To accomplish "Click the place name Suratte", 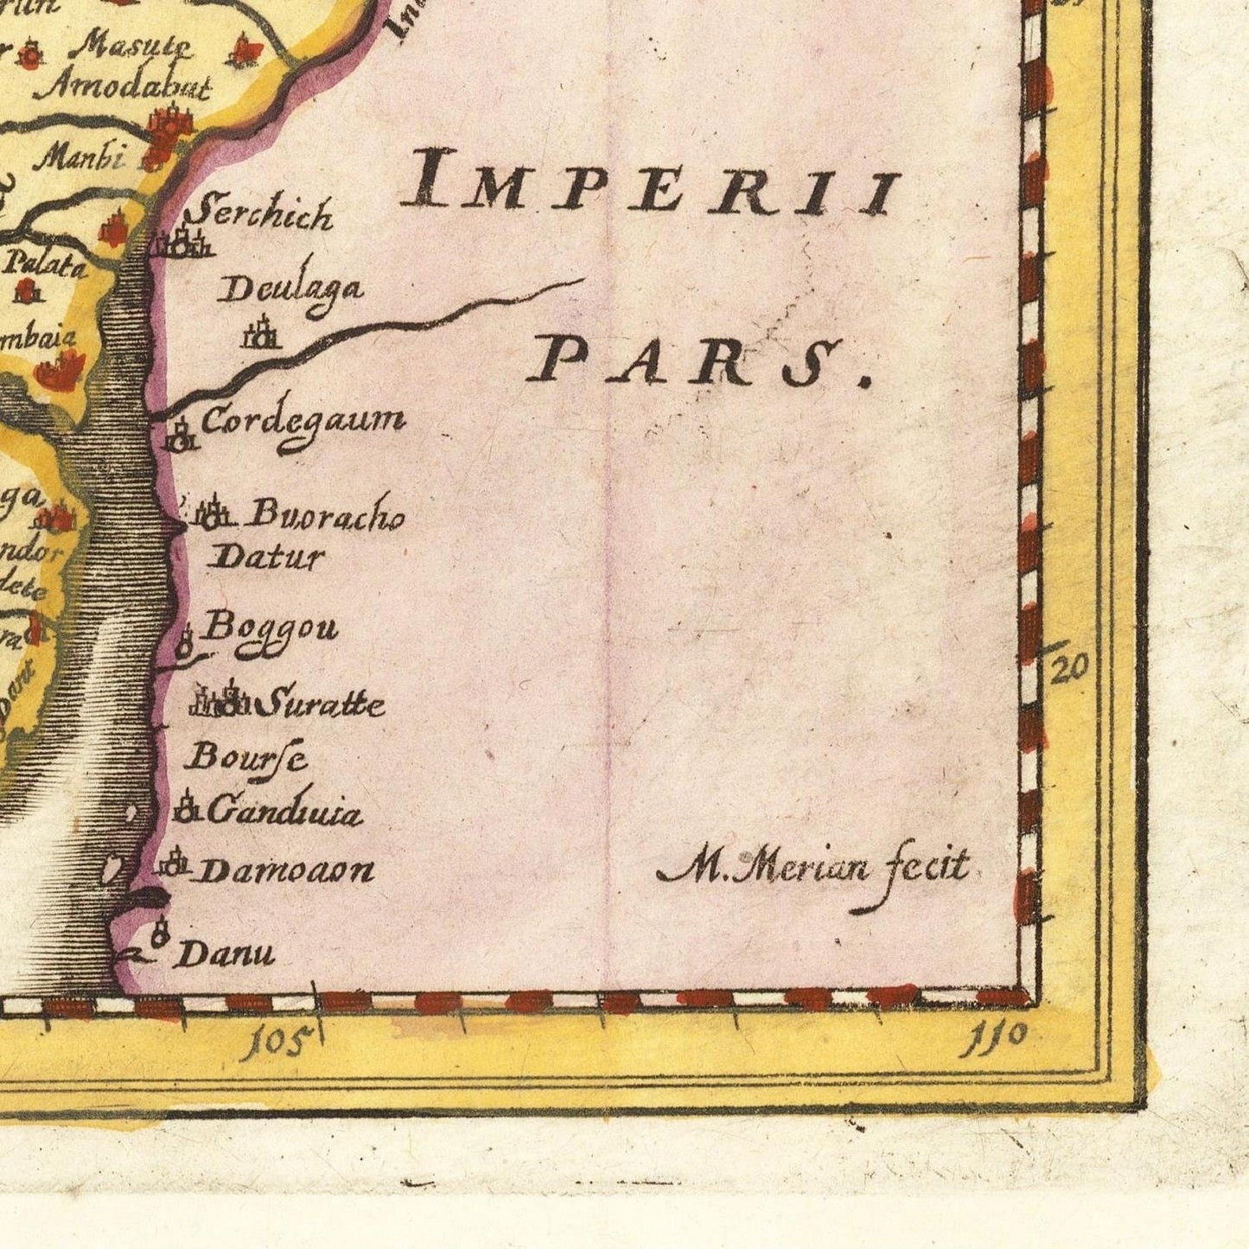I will pos(322,704).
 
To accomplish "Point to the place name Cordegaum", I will pos(303,422).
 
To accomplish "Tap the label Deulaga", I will pos(290,290).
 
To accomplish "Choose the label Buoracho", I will pos(327,515).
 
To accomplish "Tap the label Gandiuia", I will pos(284,812).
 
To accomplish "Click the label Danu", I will pos(226,953).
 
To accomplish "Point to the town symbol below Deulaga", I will pos(261,334).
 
